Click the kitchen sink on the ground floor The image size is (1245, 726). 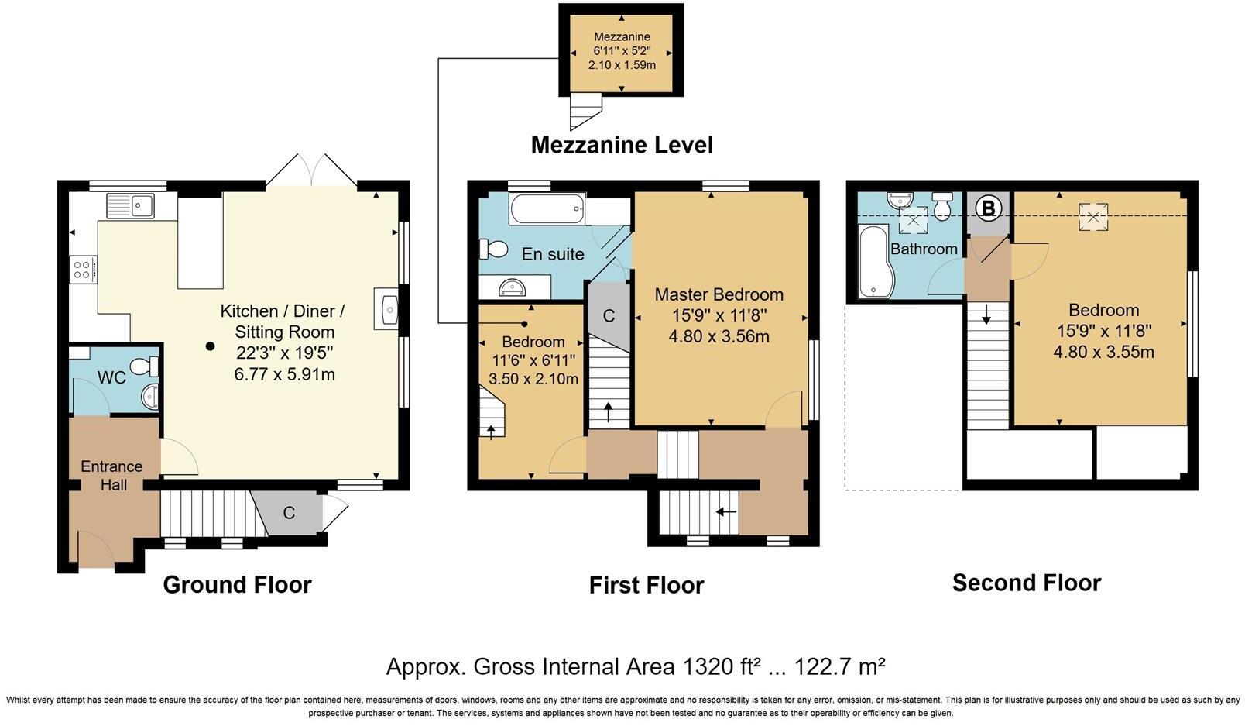[132, 205]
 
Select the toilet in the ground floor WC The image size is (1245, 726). [144, 366]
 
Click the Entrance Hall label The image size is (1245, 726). [111, 476]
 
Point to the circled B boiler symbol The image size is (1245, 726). [989, 208]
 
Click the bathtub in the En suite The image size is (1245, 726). [548, 209]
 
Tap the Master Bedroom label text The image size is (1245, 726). [719, 294]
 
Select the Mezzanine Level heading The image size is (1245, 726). [622, 145]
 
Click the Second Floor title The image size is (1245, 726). [1026, 583]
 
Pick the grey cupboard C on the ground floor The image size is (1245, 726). [289, 512]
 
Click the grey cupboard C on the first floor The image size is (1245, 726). [609, 315]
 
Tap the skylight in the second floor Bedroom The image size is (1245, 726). [1093, 216]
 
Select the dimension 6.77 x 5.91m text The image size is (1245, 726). [284, 374]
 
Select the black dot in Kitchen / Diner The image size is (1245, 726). [210, 346]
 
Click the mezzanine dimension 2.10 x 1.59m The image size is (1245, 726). [622, 65]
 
